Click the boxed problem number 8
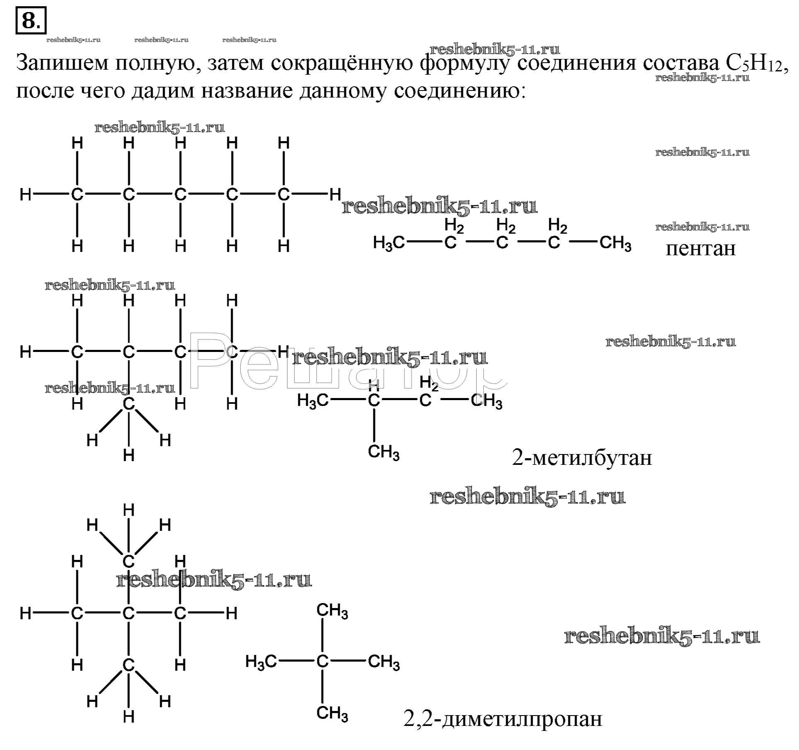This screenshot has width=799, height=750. (x=31, y=20)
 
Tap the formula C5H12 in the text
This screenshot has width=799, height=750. (x=753, y=64)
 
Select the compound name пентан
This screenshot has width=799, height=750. (x=701, y=248)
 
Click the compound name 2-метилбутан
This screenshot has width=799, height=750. (x=582, y=458)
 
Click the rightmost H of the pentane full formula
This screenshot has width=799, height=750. (x=335, y=194)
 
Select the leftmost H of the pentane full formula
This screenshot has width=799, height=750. (x=26, y=194)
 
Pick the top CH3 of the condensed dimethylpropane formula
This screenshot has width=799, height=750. (x=332, y=611)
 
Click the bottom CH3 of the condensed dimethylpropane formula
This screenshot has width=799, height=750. (x=332, y=713)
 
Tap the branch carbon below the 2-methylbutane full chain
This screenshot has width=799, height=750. (x=129, y=404)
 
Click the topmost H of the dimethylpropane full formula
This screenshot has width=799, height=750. (x=129, y=510)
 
